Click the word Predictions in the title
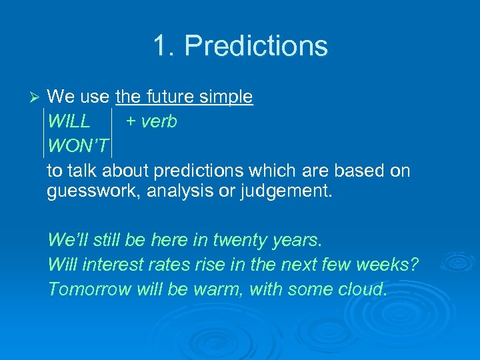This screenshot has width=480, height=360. (x=256, y=46)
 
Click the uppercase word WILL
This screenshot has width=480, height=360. (x=69, y=122)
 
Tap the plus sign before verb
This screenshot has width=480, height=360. (x=131, y=122)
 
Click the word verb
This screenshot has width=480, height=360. (x=159, y=122)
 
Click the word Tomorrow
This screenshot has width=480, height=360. (x=89, y=289)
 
